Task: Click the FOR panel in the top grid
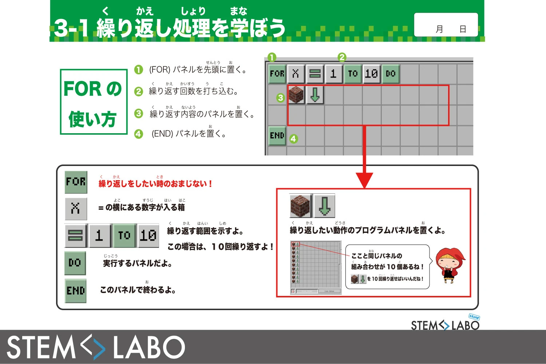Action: point(277,74)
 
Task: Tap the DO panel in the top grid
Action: point(390,74)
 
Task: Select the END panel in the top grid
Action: point(277,136)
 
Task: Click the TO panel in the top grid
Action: point(352,74)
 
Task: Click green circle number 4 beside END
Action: point(293,139)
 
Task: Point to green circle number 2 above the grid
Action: point(341,57)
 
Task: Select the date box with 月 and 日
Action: point(446,25)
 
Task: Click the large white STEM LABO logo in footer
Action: point(96,347)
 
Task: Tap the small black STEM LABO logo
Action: point(445,324)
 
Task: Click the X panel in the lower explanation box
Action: point(76,209)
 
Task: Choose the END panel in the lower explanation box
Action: point(76,291)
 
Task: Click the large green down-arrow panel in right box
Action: point(324,206)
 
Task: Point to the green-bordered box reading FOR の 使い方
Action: point(94,102)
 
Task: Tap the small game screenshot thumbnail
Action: point(316,267)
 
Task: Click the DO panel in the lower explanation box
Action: point(75,263)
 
